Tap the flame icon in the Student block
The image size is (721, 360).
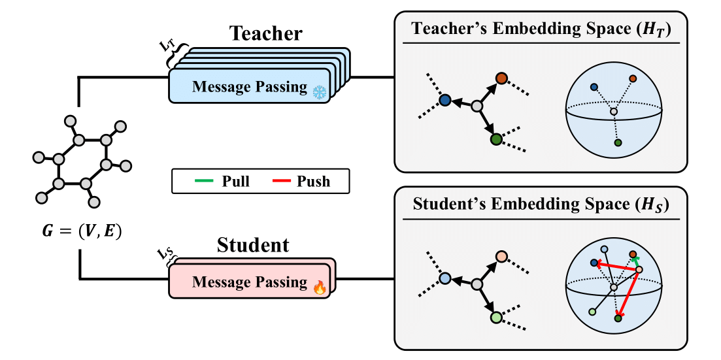coord(320,287)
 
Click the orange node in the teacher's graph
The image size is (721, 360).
coord(501,78)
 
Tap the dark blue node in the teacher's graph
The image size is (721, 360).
coord(444,101)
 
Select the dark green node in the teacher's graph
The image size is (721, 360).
coord(495,139)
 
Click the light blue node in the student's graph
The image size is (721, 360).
coord(444,278)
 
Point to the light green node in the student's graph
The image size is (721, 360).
coord(495,318)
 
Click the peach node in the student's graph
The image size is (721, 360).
coord(501,256)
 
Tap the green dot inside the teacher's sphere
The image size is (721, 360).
coord(618,143)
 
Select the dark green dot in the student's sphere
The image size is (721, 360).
coord(618,319)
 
